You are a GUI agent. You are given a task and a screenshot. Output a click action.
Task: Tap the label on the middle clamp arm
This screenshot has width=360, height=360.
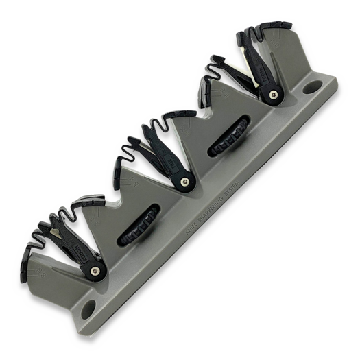pyautogui.click(x=170, y=165)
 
